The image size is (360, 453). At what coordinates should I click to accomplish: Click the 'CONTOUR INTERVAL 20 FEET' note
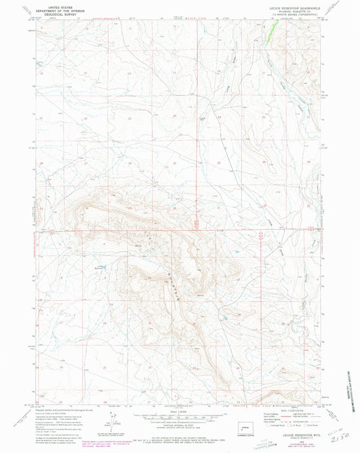[180, 421]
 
